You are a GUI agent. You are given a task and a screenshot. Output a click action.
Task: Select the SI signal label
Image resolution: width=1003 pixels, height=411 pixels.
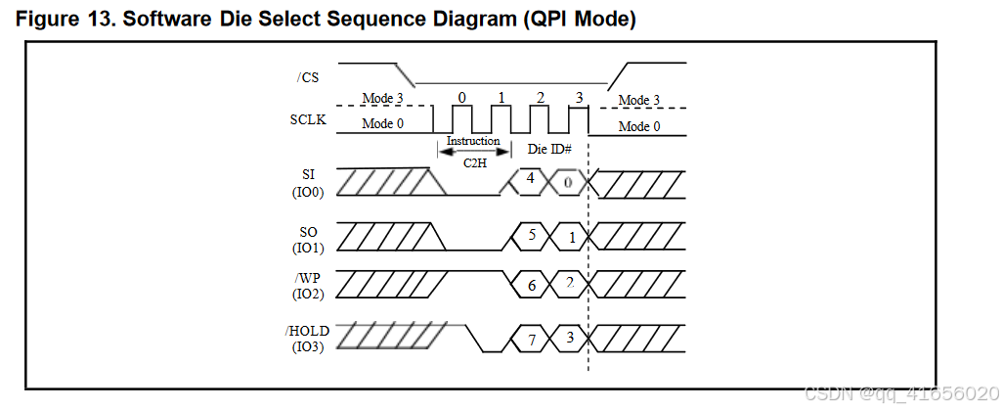coord(308,173)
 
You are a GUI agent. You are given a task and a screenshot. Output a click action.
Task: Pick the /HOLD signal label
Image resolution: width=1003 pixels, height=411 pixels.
coord(307,331)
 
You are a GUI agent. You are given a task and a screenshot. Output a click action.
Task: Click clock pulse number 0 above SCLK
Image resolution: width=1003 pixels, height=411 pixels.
coord(461,98)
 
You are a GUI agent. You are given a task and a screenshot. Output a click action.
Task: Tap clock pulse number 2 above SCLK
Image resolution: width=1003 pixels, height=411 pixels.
coord(540,98)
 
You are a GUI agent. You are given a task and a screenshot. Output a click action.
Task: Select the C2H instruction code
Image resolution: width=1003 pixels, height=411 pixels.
coord(475,161)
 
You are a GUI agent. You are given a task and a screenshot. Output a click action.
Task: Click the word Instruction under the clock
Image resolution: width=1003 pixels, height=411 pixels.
coord(473,141)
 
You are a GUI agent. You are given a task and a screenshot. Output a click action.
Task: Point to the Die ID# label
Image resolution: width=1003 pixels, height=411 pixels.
coord(550,150)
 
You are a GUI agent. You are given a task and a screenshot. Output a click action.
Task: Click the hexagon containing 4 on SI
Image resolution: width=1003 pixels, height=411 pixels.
coord(530,181)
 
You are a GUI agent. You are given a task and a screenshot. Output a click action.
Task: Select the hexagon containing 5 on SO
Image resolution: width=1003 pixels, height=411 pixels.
coord(531,236)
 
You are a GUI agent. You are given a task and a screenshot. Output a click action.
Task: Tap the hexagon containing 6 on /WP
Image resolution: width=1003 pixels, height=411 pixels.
coord(531,286)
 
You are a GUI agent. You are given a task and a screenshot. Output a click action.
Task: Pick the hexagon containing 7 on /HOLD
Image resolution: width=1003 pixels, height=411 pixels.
coord(531,339)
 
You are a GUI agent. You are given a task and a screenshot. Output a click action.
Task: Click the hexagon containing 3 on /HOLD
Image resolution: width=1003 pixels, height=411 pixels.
coord(570,339)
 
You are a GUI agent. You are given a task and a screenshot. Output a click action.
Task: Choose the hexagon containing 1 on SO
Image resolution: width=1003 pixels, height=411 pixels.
coord(570,236)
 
